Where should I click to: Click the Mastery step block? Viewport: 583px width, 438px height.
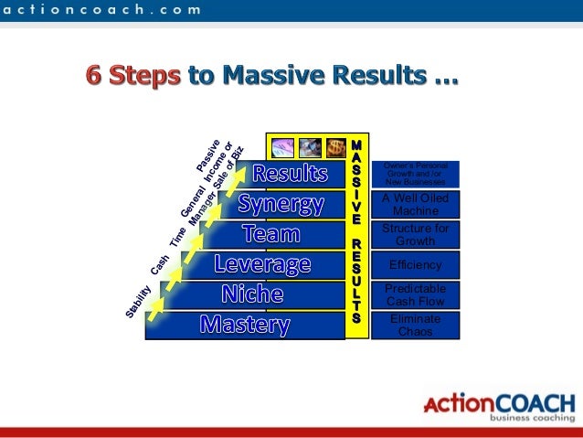coord(245,325)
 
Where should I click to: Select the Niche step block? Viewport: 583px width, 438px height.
coord(251,294)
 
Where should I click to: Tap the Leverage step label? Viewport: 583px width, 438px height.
coord(262,265)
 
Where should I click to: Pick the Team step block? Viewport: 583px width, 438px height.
coord(270,234)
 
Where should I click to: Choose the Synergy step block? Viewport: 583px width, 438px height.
coord(281,203)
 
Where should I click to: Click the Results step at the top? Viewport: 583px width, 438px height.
coord(290,173)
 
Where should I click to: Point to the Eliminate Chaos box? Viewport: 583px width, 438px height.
coord(415,325)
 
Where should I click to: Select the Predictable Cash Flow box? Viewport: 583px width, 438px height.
coord(415,294)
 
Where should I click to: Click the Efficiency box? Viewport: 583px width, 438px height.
coord(415,265)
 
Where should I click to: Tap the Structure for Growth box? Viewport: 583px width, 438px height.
coord(415,234)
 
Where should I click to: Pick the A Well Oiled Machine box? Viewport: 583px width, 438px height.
coord(415,204)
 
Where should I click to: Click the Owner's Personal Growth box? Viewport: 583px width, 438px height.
coord(415,173)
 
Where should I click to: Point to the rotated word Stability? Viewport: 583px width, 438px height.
coord(139,302)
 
